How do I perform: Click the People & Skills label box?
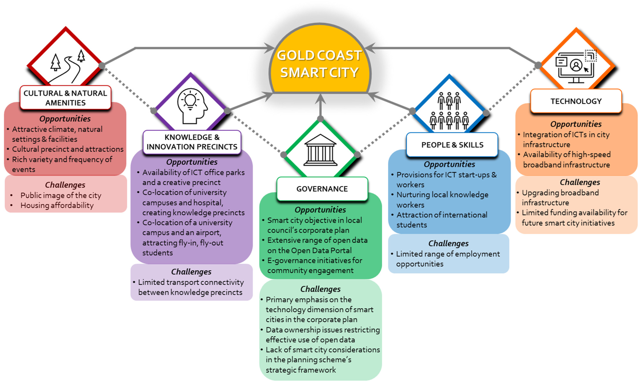point(452,145)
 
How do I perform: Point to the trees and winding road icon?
point(67,66)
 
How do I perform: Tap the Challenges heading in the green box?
point(320,289)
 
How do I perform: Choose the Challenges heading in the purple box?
point(191,272)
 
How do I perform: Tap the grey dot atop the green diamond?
point(321,119)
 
